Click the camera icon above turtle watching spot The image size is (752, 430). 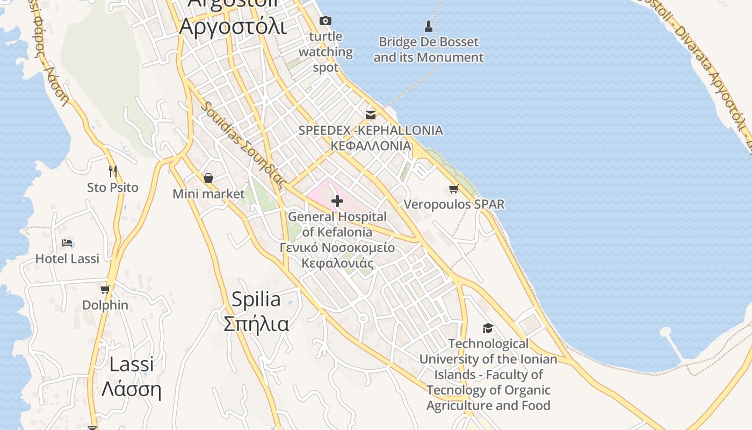click(325, 21)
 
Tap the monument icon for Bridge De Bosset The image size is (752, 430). click(428, 25)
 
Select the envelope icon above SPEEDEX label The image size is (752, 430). click(371, 114)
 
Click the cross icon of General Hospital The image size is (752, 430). click(337, 201)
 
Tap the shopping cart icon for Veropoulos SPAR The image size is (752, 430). click(454, 189)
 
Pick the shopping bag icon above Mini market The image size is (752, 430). click(208, 178)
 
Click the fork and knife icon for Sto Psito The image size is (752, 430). click(113, 171)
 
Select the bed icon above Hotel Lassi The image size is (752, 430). click(67, 243)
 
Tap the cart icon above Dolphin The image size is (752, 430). click(105, 289)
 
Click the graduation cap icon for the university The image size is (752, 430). click(488, 328)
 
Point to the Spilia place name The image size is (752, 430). click(256, 299)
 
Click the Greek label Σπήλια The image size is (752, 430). click(256, 324)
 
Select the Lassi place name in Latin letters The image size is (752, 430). click(131, 364)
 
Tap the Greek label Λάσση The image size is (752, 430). click(131, 389)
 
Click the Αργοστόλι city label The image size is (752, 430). click(233, 25)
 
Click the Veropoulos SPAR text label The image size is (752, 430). click(454, 204)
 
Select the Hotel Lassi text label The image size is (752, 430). click(67, 259)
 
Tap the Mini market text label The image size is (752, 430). click(208, 193)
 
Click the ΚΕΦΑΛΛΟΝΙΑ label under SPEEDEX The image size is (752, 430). click(371, 146)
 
